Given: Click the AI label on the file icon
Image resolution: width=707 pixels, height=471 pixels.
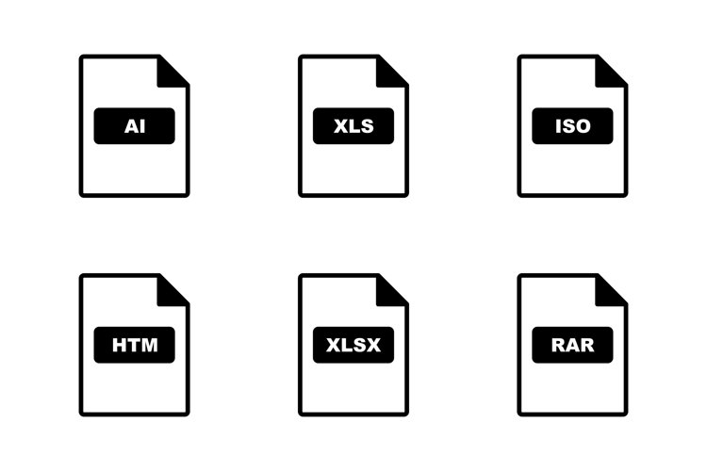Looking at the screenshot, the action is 135,125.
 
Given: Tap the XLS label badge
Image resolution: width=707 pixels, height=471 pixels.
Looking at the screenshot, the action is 353,125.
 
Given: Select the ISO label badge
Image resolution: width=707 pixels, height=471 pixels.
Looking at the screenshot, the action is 572,125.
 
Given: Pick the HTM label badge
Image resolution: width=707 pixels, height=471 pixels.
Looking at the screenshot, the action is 135,345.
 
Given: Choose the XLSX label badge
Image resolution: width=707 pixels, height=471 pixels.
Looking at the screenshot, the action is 353,345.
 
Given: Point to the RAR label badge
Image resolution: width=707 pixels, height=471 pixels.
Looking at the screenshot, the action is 572,345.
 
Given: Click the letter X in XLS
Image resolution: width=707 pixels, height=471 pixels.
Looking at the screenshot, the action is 341,126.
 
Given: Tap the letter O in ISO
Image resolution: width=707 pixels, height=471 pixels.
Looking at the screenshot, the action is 583,126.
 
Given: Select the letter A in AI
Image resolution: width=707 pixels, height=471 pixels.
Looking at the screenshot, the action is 131,126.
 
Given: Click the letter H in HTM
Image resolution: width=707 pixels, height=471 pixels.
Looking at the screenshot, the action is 119,346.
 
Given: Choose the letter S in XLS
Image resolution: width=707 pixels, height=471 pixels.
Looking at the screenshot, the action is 368,126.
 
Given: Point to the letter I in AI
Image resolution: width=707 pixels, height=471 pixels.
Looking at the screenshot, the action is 142,126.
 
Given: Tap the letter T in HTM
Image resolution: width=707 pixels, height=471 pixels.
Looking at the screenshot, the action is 134,346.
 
